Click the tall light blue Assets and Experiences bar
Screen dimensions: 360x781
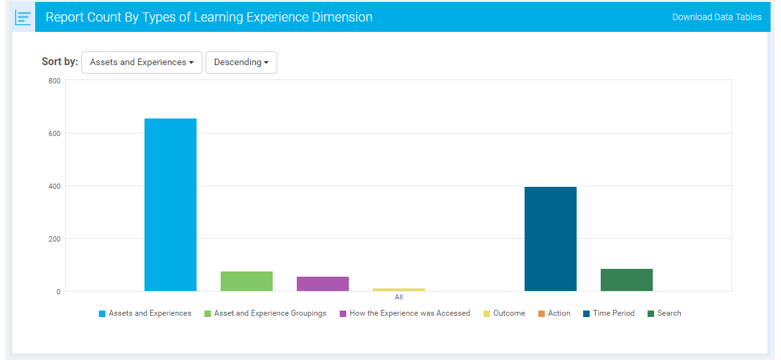(171, 204)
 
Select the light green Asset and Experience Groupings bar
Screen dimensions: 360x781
(247, 281)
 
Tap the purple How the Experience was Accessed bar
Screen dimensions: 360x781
(323, 284)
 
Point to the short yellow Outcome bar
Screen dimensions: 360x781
(399, 290)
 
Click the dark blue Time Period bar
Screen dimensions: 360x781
(551, 239)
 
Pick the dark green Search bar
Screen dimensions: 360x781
(627, 280)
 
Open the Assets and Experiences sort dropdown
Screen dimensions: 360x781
(142, 62)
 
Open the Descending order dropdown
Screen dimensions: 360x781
(241, 62)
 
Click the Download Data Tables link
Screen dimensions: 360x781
(717, 17)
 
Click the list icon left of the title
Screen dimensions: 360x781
(23, 18)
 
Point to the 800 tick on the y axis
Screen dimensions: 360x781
(54, 81)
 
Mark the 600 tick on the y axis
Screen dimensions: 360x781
(54, 133)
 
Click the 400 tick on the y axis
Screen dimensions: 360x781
(54, 186)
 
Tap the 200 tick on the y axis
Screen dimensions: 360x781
(54, 239)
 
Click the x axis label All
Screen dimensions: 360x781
(399, 297)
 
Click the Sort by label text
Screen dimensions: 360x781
(60, 62)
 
